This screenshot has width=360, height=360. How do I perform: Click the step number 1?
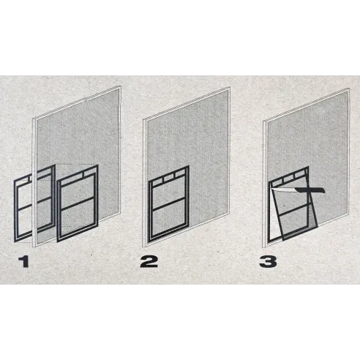(x=24, y=261)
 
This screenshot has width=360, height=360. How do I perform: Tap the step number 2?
(x=149, y=261)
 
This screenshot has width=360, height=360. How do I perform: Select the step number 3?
(x=268, y=261)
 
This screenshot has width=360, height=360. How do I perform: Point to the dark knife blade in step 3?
(x=310, y=190)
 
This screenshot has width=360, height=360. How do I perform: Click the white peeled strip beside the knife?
(x=284, y=191)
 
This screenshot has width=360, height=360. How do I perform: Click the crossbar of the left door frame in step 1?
(x=34, y=205)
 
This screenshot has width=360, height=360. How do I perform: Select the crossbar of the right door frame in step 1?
(x=78, y=203)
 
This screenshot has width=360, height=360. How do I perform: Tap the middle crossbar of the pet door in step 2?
(x=169, y=204)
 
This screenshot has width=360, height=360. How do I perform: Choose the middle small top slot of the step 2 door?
(x=168, y=179)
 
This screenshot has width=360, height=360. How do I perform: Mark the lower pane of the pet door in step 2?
(x=169, y=219)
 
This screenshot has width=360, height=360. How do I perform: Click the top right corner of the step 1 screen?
(x=121, y=86)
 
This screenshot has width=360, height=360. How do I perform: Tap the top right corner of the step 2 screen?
(x=230, y=87)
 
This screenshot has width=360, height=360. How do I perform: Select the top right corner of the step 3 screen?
(x=349, y=89)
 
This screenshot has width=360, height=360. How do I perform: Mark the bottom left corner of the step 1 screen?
(x=33, y=247)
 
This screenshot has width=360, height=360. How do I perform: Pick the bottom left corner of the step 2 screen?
(x=143, y=247)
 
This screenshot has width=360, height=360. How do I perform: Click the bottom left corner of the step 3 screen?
(x=263, y=247)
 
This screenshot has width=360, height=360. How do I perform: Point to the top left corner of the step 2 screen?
(x=143, y=119)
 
